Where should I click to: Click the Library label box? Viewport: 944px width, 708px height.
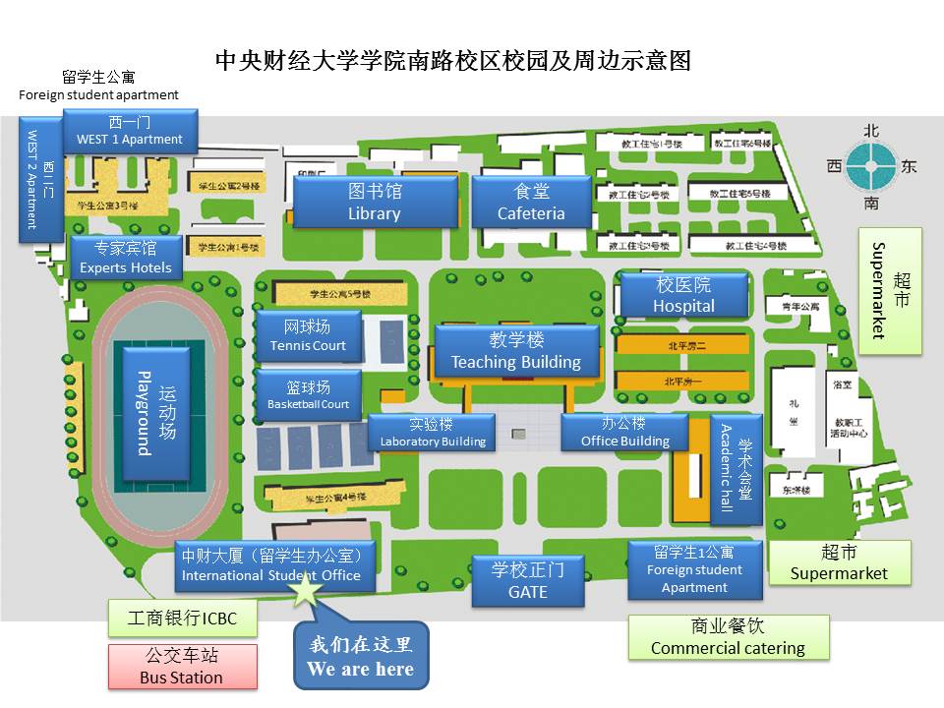tap(375, 202)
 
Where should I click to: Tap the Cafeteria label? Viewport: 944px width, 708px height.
tap(531, 202)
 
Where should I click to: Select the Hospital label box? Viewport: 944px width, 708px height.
tap(683, 295)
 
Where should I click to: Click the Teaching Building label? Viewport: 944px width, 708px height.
tap(516, 351)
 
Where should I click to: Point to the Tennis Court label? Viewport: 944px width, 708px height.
tap(308, 336)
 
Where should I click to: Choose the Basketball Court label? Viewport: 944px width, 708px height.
tap(308, 395)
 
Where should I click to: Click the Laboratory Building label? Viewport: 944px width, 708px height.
tap(433, 433)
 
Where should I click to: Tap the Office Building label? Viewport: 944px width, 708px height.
tap(624, 433)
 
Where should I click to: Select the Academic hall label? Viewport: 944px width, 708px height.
tap(737, 469)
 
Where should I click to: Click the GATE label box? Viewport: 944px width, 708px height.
tap(528, 579)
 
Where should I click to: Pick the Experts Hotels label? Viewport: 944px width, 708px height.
tap(126, 258)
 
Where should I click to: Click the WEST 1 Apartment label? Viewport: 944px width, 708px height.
tap(130, 130)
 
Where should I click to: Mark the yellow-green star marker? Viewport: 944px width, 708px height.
tap(307, 590)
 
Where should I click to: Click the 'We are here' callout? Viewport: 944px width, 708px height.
tap(361, 656)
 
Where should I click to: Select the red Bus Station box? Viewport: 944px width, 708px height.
tap(182, 667)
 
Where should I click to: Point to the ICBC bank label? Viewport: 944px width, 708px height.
tap(182, 619)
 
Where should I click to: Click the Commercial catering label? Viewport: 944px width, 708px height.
tap(728, 637)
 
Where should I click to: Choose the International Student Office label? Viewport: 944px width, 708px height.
tap(274, 565)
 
